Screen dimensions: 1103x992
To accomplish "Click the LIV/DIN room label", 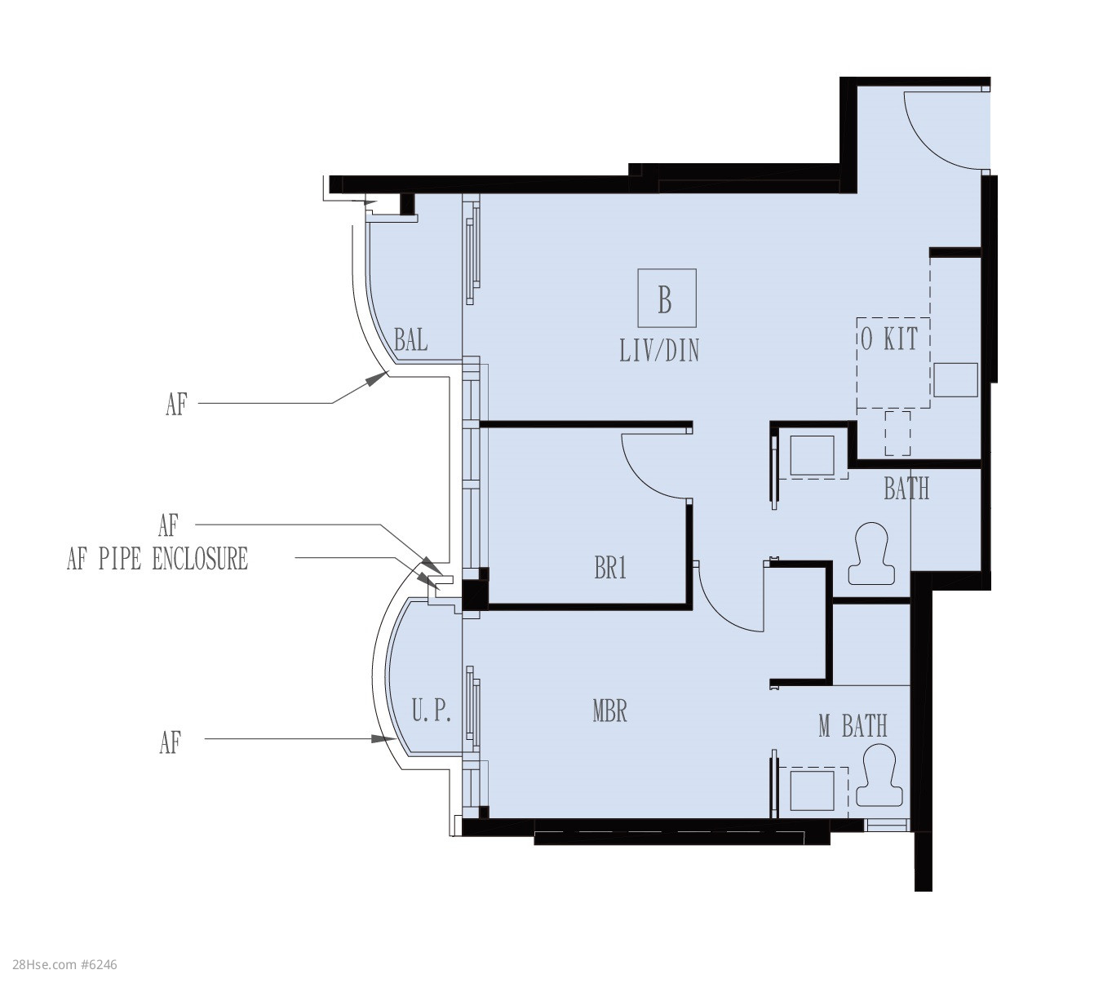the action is tap(659, 350).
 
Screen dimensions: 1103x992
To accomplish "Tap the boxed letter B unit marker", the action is tap(667, 298).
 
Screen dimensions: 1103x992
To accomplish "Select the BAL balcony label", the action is tap(410, 340).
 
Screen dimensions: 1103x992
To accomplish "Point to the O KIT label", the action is tap(889, 339).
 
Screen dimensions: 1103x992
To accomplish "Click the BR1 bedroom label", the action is tap(610, 568).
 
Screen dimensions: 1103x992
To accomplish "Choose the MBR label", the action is tap(609, 711).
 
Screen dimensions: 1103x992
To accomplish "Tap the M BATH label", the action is tap(853, 726).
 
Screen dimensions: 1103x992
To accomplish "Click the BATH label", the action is tap(906, 489).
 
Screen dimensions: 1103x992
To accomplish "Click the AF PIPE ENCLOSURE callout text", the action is tap(157, 559).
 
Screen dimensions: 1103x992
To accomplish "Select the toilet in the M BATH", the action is tap(879, 777).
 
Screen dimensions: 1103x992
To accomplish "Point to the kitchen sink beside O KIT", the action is tap(955, 379).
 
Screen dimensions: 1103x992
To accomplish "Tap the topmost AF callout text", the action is tap(176, 405).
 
